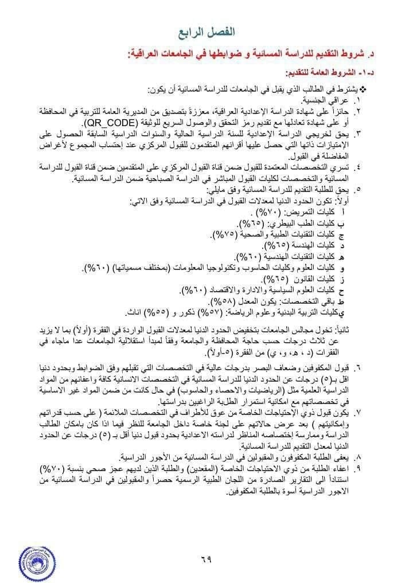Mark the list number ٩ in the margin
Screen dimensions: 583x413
point(359,468)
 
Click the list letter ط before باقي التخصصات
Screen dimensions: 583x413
point(342,301)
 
